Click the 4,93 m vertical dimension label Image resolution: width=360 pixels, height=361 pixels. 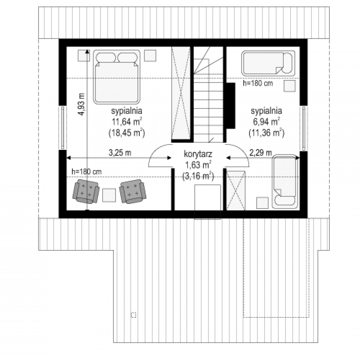point(81,104)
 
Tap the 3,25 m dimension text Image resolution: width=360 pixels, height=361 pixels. point(120,153)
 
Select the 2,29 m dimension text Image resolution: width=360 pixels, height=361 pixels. point(261,153)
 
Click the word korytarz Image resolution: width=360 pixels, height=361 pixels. point(198,154)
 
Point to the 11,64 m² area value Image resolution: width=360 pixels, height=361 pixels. point(127,122)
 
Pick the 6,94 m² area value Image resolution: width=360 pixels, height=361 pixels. point(267,122)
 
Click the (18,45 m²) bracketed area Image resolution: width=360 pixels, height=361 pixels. point(127,133)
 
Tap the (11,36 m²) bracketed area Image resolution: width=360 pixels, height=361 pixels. point(267,133)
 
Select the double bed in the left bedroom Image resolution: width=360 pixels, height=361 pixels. point(117,77)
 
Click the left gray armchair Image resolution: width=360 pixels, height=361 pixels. point(86,191)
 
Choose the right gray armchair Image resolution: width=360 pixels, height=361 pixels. point(133,191)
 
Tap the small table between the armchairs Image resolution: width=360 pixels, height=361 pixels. point(109,195)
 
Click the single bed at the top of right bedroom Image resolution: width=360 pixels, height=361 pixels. point(268,63)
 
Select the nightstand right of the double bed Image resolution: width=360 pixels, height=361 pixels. point(150,56)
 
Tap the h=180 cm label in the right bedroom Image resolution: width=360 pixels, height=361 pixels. point(258,83)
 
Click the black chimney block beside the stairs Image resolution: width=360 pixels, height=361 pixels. point(231,106)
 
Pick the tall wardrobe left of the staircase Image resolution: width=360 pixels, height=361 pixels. point(181,93)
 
